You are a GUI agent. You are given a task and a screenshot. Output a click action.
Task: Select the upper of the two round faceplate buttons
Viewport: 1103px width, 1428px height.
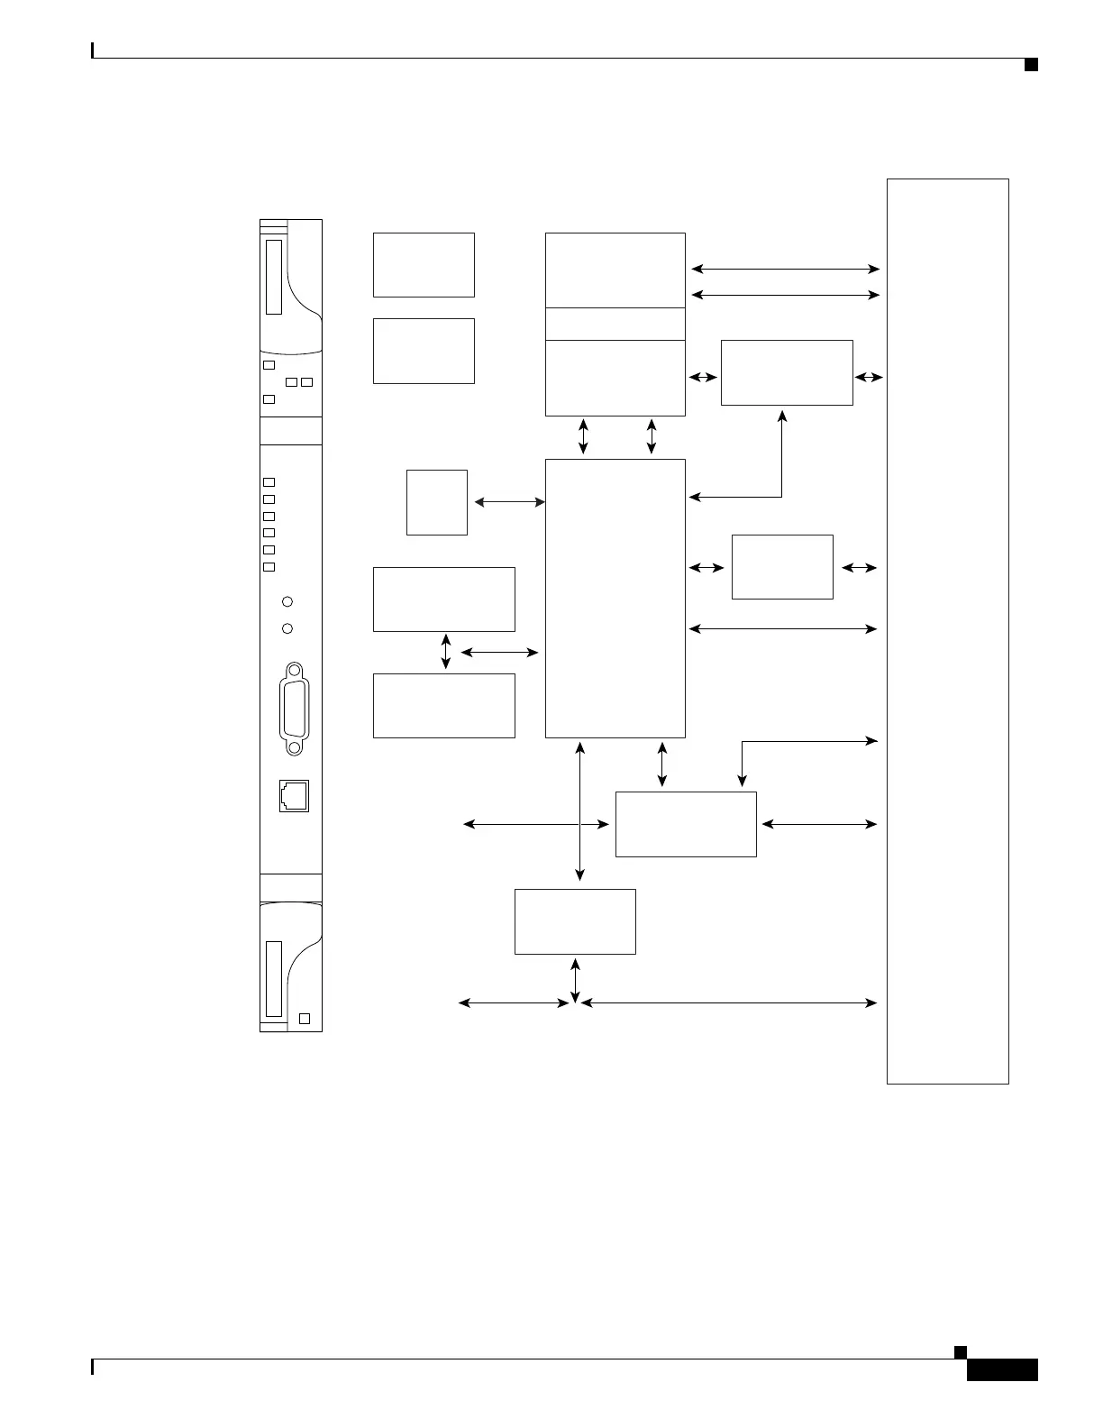click(287, 601)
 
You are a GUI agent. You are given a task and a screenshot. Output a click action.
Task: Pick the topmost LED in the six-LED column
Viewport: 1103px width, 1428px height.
click(269, 482)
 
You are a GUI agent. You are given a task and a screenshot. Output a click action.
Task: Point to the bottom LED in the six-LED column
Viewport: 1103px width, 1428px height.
click(269, 567)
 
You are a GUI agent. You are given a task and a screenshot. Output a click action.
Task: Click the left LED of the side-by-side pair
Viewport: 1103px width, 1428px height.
click(291, 382)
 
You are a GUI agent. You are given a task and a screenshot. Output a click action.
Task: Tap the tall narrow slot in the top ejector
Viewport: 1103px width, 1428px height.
click(274, 277)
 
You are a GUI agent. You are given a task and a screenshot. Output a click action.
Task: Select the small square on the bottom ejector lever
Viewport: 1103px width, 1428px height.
click(305, 1018)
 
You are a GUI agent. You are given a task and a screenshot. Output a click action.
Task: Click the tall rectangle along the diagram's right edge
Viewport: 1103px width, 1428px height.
click(947, 631)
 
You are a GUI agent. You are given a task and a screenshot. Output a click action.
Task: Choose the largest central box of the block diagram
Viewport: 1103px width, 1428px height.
click(615, 598)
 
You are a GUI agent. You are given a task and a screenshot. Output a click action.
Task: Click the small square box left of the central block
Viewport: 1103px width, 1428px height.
click(437, 502)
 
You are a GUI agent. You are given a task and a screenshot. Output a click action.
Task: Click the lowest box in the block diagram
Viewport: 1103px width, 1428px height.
click(575, 921)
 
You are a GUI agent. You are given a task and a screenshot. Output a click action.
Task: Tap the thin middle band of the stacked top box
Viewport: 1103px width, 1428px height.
click(615, 324)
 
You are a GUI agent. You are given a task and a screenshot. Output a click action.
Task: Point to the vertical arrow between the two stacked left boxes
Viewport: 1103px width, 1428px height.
click(446, 652)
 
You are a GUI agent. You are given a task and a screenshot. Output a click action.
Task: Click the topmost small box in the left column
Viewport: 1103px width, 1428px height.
click(424, 265)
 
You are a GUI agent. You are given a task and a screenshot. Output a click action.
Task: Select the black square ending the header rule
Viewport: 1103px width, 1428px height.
click(1031, 64)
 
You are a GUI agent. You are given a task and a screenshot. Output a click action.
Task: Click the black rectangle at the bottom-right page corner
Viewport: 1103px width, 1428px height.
click(1002, 1369)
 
